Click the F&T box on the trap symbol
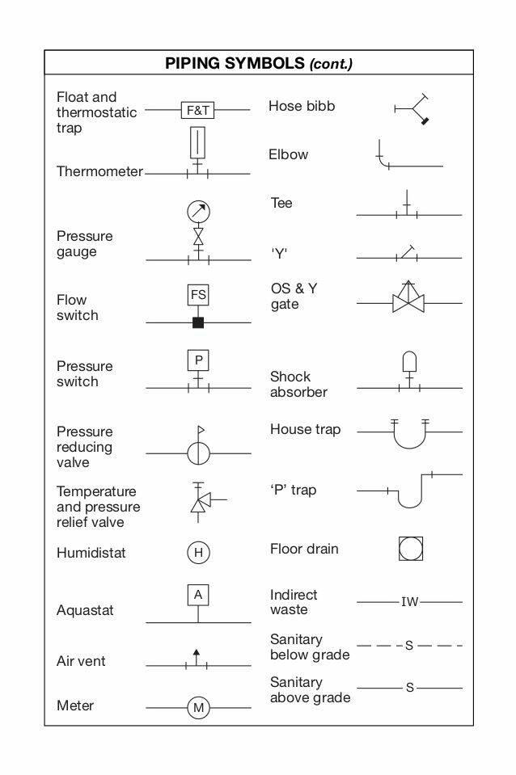(198, 110)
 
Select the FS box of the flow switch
(198, 295)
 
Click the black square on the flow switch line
(198, 322)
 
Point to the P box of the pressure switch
(198, 360)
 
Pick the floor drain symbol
(411, 549)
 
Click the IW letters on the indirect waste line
(409, 602)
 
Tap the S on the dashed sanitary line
(409, 646)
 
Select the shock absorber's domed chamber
(409, 361)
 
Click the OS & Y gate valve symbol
(408, 297)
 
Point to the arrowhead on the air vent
(197, 652)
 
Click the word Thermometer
(100, 171)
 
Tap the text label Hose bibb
(302, 106)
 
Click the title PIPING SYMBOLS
(235, 63)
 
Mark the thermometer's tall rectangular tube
(197, 142)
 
